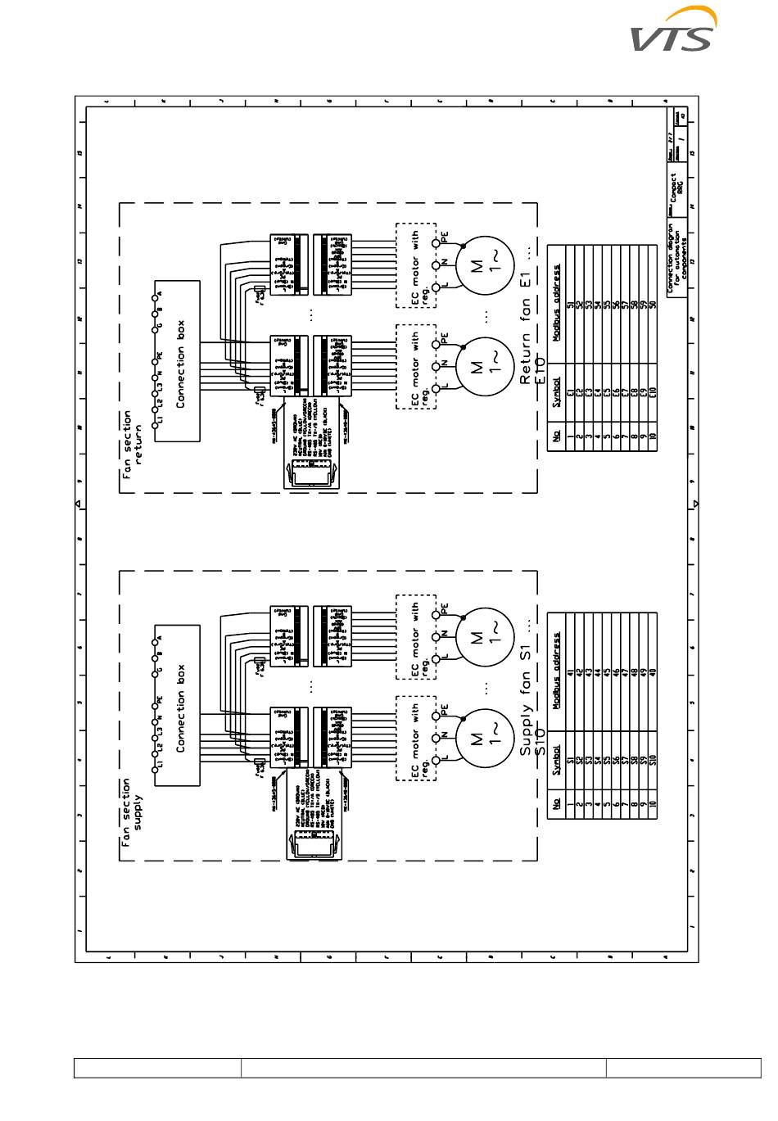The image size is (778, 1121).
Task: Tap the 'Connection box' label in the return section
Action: (181, 363)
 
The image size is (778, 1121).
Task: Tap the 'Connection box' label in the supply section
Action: (181, 707)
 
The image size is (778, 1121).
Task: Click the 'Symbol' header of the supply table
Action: (556, 760)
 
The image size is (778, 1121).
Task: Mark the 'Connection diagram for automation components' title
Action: (676, 258)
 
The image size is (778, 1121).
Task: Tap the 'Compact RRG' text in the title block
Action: (678, 188)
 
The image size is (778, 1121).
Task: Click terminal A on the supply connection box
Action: (155, 638)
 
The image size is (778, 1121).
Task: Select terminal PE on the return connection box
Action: (155, 357)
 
